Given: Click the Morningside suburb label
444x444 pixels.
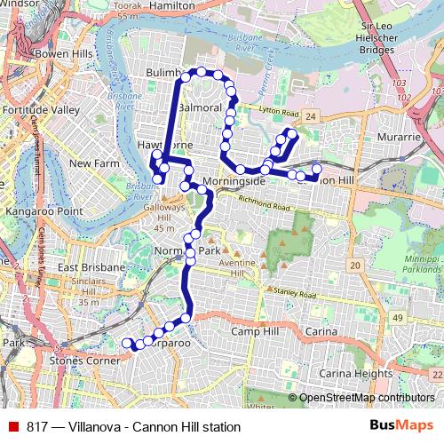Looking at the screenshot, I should click(234, 180).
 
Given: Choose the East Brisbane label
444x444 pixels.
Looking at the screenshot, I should click(86, 267).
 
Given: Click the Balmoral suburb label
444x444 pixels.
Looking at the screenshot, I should click(199, 107).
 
